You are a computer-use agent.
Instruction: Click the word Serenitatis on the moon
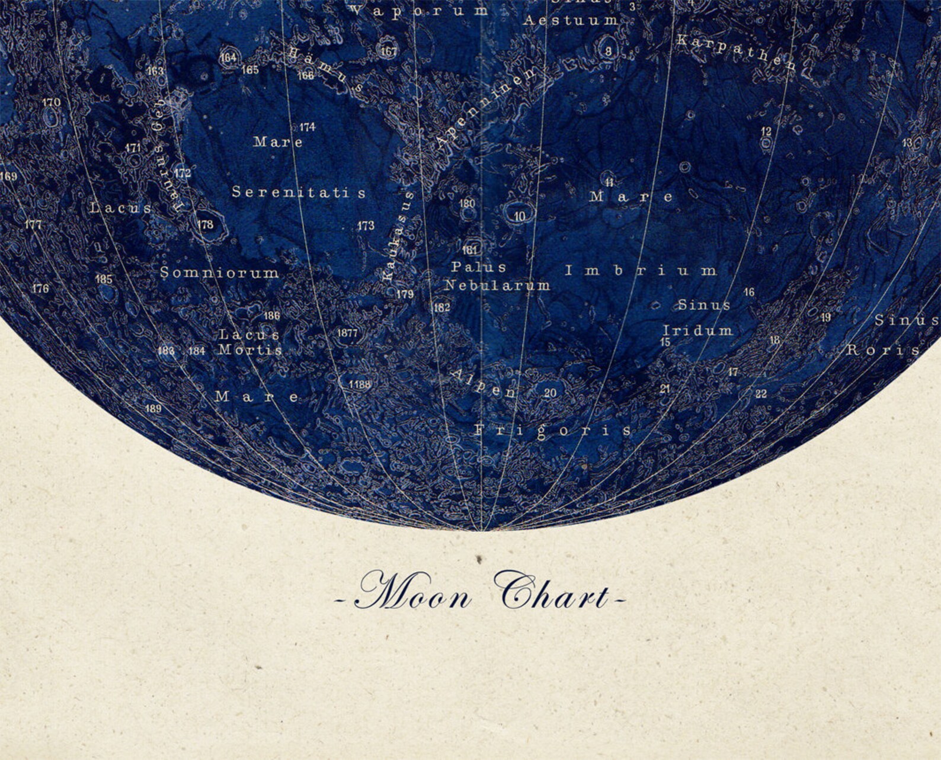[299, 193]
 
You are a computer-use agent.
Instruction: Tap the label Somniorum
[220, 272]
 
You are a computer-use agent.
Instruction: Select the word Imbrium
[641, 271]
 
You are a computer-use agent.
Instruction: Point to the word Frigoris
[552, 431]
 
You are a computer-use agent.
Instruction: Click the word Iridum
[697, 330]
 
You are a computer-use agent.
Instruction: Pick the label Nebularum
[497, 286]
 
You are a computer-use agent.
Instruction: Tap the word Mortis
[250, 349]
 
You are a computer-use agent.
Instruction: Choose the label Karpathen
[736, 51]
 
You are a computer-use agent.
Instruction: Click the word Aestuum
[571, 21]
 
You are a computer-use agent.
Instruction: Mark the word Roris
[882, 349]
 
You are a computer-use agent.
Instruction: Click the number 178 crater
[206, 225]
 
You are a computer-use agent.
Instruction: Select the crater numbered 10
[519, 216]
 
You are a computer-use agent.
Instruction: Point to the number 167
[389, 51]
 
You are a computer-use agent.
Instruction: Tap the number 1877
[347, 333]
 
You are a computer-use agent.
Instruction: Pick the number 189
[153, 408]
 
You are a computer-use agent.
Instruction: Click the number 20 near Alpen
[550, 393]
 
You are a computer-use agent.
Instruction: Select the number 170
[51, 102]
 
